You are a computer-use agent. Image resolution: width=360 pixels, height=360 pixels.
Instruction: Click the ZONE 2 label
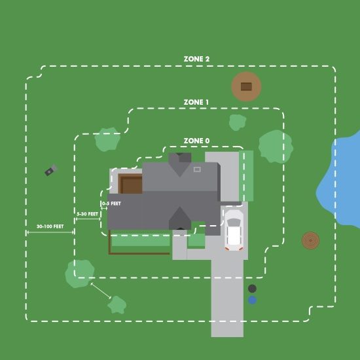point(196,59)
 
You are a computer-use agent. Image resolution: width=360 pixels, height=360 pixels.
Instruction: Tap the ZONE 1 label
point(196,102)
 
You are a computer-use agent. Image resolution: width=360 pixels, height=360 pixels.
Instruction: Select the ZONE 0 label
point(196,141)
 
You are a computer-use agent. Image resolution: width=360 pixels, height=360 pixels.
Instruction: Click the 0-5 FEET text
point(111,204)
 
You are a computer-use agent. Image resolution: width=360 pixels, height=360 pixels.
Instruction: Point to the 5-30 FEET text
point(87,214)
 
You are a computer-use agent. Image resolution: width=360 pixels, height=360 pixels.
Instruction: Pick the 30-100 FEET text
point(50,226)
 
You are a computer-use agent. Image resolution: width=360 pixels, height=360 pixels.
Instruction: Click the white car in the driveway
point(234,230)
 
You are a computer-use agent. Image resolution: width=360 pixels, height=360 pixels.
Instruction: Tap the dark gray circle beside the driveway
point(252,289)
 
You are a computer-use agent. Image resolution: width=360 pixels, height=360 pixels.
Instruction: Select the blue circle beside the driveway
point(252,300)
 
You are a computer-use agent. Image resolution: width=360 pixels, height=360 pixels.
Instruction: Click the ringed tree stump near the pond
point(310,240)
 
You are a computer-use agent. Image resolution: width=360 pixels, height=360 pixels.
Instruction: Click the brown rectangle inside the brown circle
point(246,87)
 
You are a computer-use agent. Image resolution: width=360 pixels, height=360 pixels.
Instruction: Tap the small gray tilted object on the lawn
point(51,170)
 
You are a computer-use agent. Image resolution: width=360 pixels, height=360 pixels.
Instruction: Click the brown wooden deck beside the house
point(130,184)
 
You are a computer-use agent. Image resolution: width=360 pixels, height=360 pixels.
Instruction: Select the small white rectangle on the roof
point(197,170)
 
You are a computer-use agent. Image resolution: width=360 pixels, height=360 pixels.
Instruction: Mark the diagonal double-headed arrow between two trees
point(101,291)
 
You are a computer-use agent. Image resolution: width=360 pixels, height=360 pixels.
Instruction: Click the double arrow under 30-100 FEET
point(50,232)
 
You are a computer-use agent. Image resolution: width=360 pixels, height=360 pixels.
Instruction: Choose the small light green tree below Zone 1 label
point(238,122)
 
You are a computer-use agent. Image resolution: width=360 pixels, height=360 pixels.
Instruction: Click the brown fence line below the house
point(139,253)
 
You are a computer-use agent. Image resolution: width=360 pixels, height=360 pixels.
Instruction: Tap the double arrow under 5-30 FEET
point(88,219)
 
